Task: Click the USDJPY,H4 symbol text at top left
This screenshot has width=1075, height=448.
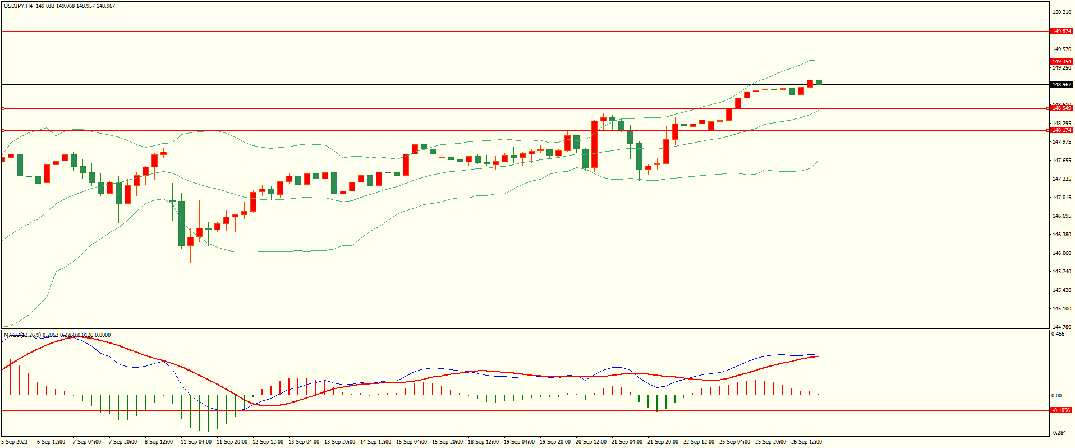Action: (18, 6)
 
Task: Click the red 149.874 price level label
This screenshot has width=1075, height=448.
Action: (1062, 31)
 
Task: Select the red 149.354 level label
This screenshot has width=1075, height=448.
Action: (1062, 62)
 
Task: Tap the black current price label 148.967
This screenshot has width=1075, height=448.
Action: (1062, 85)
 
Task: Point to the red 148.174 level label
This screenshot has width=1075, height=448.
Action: (1062, 130)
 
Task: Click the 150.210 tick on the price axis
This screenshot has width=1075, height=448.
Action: (1062, 12)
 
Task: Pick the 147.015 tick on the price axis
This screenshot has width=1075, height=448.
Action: (1062, 198)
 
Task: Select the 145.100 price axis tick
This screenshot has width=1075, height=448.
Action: (1062, 309)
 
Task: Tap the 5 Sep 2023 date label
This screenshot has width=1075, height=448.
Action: (15, 442)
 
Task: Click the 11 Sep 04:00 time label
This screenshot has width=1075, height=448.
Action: (196, 442)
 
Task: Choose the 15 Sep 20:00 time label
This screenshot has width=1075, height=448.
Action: (447, 442)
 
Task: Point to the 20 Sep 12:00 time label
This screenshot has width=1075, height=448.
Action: (591, 442)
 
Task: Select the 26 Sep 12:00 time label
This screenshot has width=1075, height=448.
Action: (806, 442)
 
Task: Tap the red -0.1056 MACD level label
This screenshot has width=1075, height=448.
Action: (1062, 410)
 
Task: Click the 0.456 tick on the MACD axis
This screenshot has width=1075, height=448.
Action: (1058, 334)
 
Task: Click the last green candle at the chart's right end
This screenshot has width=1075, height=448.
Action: (819, 83)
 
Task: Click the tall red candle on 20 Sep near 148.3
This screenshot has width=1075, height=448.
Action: (594, 144)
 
